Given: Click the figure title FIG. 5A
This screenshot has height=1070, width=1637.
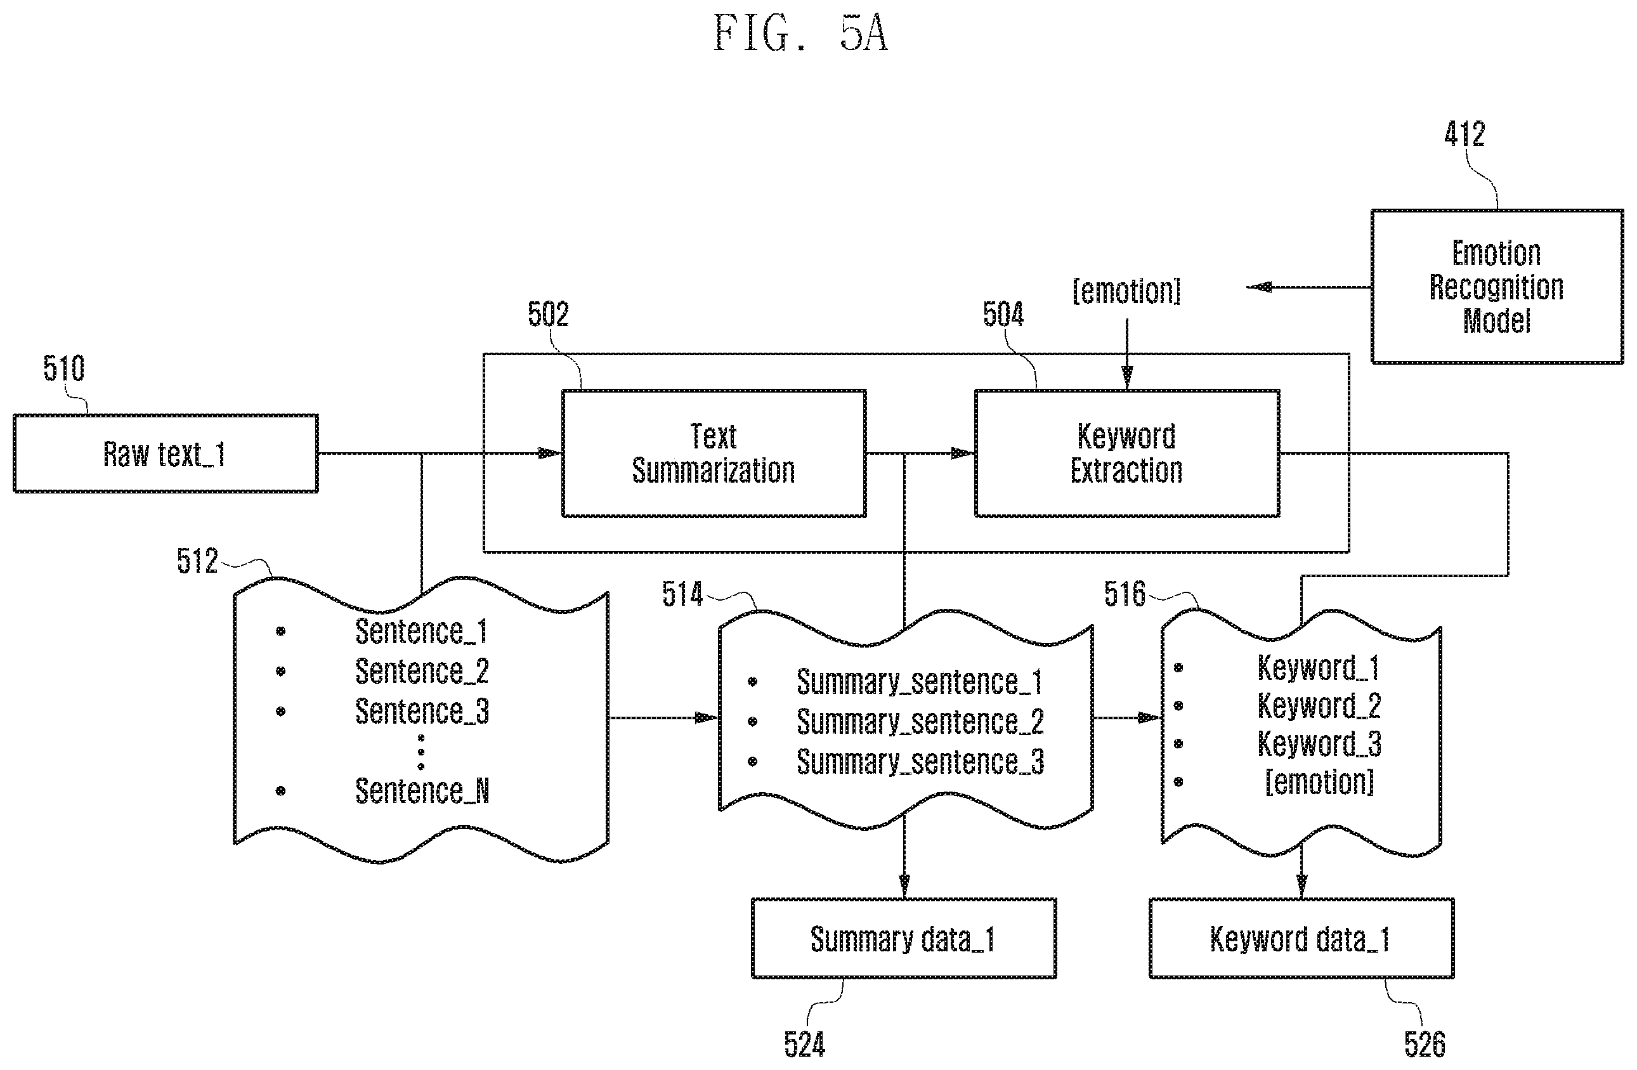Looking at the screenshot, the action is click(x=800, y=33).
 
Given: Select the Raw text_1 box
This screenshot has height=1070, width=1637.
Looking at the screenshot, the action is click(x=166, y=453).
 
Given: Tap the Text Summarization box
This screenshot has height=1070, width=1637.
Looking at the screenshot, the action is click(x=714, y=453).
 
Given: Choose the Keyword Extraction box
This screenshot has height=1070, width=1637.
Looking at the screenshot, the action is click(x=1127, y=453).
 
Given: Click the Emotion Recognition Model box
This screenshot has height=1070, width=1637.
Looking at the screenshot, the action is click(x=1497, y=286).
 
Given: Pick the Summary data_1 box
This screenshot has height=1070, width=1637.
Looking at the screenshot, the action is click(x=904, y=938).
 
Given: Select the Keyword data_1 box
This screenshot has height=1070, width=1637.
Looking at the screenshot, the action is click(x=1301, y=938).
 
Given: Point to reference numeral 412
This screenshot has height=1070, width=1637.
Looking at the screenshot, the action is click(x=1464, y=133).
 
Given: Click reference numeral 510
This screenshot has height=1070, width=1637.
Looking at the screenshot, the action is click(x=64, y=368).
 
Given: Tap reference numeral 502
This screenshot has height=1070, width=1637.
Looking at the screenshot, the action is click(x=548, y=314).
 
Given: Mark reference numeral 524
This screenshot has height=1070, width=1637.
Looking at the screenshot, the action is click(x=804, y=1045).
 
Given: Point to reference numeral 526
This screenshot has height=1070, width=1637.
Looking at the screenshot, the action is click(x=1425, y=1045).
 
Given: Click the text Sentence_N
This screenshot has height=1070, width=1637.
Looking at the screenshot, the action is click(x=422, y=791).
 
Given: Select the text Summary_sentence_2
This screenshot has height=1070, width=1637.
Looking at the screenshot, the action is click(x=920, y=721).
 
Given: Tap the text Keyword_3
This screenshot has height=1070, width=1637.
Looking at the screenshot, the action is click(x=1319, y=743).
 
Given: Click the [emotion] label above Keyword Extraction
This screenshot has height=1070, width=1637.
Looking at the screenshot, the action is click(x=1126, y=291).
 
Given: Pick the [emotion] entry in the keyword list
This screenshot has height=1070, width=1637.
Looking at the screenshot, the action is click(x=1319, y=782).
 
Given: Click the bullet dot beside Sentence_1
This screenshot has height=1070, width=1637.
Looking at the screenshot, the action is click(x=280, y=630).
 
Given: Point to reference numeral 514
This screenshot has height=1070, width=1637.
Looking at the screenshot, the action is click(x=682, y=594).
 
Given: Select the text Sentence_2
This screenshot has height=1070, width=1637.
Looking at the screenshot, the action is click(x=422, y=670).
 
